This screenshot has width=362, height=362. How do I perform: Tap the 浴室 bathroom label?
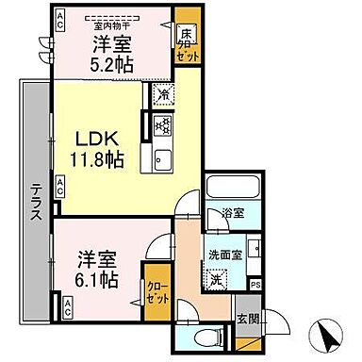click(233, 213)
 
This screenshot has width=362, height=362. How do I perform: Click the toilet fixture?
click(206, 336)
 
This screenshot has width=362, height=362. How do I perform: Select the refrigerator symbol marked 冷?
click(162, 94)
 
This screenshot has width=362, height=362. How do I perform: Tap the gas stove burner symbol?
click(161, 124)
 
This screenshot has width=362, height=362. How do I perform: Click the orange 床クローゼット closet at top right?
click(186, 44)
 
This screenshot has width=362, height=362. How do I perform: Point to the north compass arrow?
click(326, 335)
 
